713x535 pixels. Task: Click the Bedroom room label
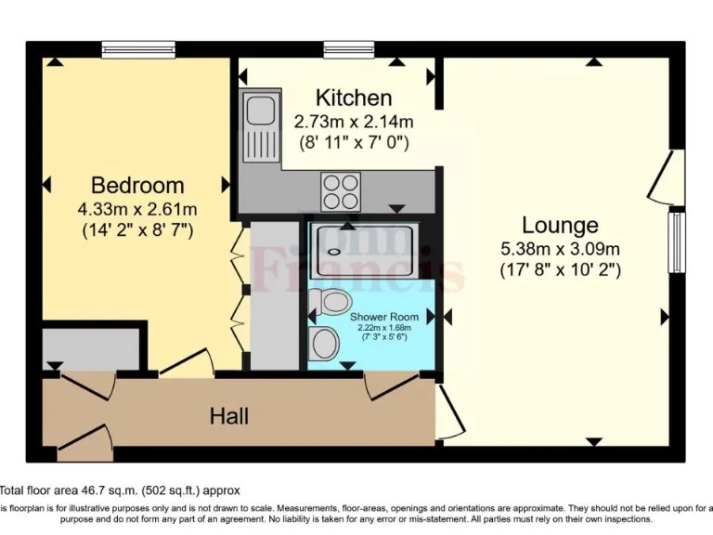pyautogui.click(x=136, y=185)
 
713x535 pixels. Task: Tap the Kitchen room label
pyautogui.click(x=353, y=98)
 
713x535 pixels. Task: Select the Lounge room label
pyautogui.click(x=560, y=225)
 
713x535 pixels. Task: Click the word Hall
pyautogui.click(x=228, y=416)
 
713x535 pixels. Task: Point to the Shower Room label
pyautogui.click(x=383, y=317)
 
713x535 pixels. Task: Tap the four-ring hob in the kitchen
pyautogui.click(x=340, y=191)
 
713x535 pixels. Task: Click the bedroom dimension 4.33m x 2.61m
pyautogui.click(x=136, y=208)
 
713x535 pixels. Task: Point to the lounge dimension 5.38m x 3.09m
pyautogui.click(x=560, y=248)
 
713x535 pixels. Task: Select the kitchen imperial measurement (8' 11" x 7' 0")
pyautogui.click(x=353, y=142)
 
